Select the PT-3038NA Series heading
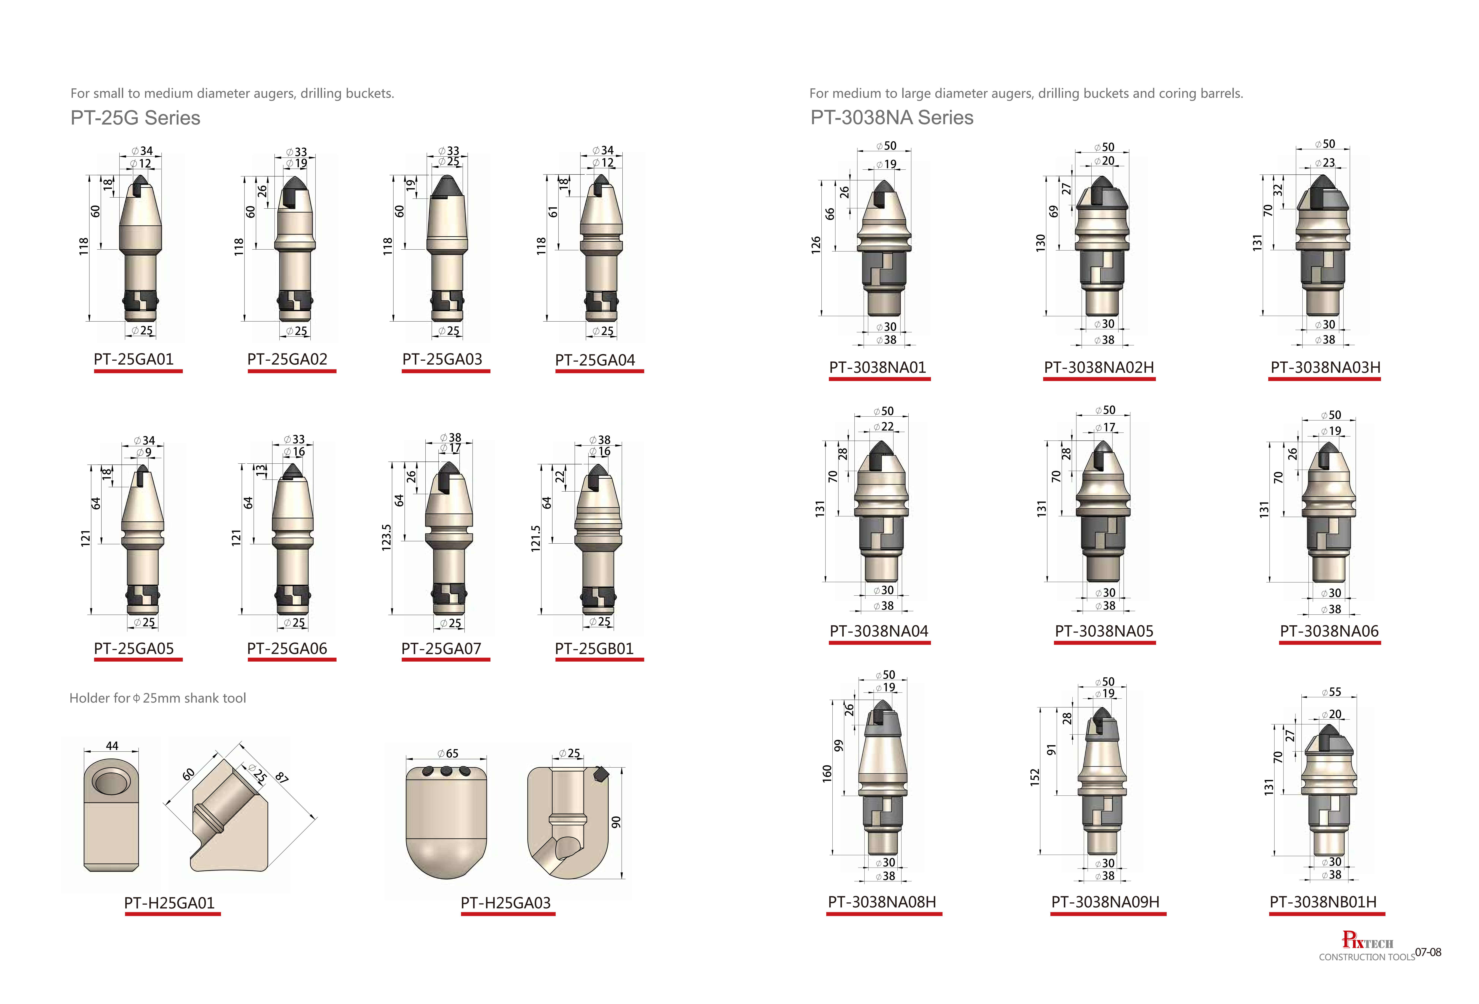click(x=892, y=118)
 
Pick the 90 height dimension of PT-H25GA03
click(x=615, y=823)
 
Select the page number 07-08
click(x=1428, y=952)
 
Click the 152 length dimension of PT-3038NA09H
click(x=1035, y=777)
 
